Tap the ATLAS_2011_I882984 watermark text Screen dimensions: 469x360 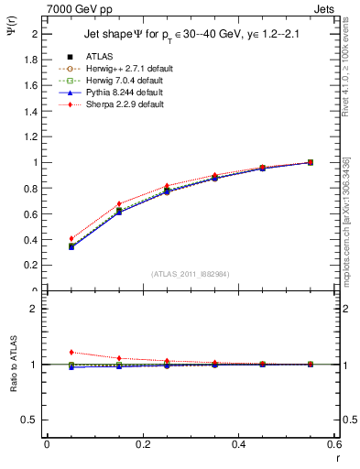click(191, 274)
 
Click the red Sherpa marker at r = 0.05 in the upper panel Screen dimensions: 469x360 click(71, 238)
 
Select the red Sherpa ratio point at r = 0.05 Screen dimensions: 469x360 click(71, 352)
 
